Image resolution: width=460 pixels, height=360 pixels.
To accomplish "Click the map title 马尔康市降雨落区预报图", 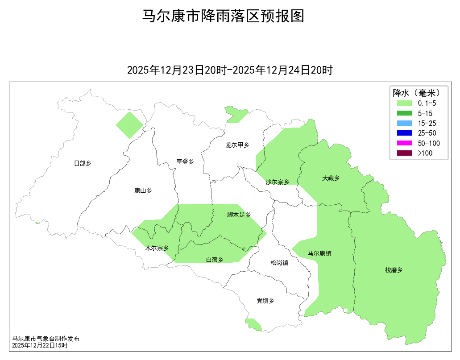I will pyautogui.click(x=223, y=17).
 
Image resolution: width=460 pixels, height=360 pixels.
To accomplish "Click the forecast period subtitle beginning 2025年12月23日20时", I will pyautogui.click(x=230, y=70).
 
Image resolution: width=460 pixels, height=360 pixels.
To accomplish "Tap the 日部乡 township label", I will pyautogui.click(x=83, y=163).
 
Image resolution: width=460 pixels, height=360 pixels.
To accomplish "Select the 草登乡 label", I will pyautogui.click(x=185, y=161).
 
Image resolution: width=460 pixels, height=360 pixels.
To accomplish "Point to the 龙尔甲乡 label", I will pyautogui.click(x=237, y=145).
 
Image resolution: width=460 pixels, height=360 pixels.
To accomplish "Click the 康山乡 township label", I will pyautogui.click(x=143, y=190).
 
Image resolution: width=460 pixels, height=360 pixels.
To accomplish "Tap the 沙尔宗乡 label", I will pyautogui.click(x=278, y=182).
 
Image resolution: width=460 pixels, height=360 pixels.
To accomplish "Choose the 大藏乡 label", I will pyautogui.click(x=331, y=178).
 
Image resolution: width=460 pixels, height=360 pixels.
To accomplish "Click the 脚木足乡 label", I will pyautogui.click(x=239, y=215).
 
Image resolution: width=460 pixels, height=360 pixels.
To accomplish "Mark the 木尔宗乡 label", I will pyautogui.click(x=157, y=248).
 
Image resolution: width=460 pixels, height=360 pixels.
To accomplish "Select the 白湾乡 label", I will pyautogui.click(x=215, y=260).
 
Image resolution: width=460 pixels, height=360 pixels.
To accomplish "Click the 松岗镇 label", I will pyautogui.click(x=279, y=263).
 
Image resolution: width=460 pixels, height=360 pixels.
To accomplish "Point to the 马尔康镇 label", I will pyautogui.click(x=319, y=253).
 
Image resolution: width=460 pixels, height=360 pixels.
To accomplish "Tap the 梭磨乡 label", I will pyautogui.click(x=394, y=270).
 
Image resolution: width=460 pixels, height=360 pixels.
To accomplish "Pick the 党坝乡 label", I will pyautogui.click(x=265, y=301).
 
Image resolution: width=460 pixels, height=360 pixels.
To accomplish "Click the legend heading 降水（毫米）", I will pyautogui.click(x=417, y=93).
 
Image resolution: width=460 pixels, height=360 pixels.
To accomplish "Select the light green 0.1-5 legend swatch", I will pyautogui.click(x=405, y=103).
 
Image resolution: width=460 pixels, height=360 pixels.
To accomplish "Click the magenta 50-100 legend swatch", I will pyautogui.click(x=405, y=143).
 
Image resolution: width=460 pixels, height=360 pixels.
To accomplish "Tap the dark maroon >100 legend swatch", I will pyautogui.click(x=405, y=153).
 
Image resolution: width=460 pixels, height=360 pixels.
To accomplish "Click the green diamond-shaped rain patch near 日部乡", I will pyautogui.click(x=129, y=125).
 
